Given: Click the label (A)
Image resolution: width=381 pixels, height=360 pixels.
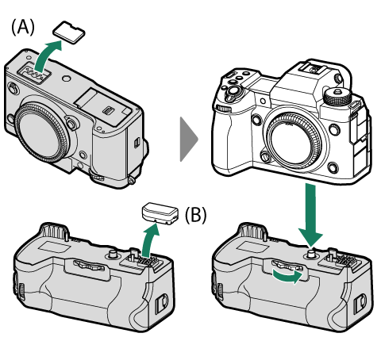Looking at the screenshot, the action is point(23,28).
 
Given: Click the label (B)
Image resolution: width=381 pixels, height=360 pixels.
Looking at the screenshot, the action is point(195,215).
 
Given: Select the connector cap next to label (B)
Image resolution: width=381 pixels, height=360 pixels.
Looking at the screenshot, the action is point(160,213).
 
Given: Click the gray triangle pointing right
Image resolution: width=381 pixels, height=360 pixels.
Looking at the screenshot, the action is point(189,140).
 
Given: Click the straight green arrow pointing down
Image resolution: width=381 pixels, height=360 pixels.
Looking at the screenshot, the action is point(310,216).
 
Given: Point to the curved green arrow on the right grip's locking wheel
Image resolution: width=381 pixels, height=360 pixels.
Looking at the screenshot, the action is point(288,277).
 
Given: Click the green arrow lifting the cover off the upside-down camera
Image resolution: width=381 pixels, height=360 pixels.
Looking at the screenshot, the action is point(46,56).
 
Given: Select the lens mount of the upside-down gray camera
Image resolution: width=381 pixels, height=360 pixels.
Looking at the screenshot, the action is point(42,132).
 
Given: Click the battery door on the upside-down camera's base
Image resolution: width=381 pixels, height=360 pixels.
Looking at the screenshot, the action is point(103,106).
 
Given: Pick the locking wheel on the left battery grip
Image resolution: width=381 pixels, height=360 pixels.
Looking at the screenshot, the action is point(89,265).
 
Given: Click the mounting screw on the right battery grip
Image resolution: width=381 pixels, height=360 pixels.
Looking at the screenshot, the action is point(312,254).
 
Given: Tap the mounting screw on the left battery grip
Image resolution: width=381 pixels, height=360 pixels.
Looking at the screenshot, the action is point(114,254).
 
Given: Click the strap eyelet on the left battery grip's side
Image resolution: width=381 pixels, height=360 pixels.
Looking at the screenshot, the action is point(161,304).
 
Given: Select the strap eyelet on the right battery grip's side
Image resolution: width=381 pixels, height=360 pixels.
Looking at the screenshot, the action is point(360,303).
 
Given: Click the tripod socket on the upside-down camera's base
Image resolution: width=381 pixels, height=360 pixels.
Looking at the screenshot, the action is point(67,79).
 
